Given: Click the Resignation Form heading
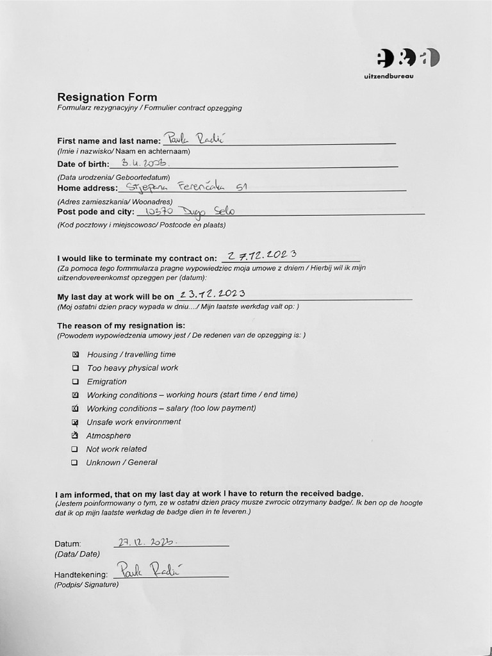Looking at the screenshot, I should point(107,97).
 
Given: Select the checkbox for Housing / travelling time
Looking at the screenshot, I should point(76,354).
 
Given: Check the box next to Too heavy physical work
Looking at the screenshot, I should point(76,368).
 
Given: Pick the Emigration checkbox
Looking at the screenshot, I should point(76,382).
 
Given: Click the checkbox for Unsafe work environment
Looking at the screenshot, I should point(76,422).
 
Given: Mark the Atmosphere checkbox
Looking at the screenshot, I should point(75,436).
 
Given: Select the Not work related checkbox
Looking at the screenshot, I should point(75,449).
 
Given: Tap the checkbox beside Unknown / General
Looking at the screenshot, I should point(75,463).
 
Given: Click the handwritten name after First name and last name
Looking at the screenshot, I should point(192,138).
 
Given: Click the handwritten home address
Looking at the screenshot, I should point(186,187).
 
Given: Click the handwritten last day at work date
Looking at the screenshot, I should point(213,295).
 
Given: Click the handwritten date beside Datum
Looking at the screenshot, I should point(148,542).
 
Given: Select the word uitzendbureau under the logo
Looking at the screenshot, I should point(389,76).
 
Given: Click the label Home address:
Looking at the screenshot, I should point(88,188).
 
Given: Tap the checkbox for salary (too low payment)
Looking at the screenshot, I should point(76,409).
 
